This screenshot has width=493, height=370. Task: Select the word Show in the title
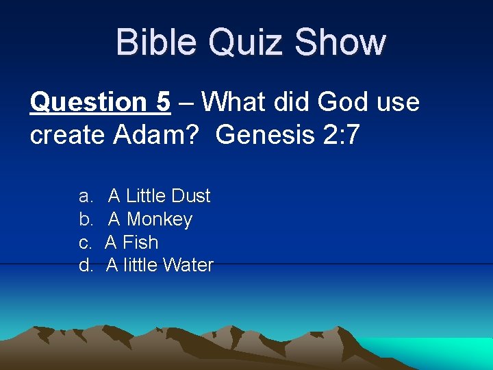pyautogui.click(x=340, y=42)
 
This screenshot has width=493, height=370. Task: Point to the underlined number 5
pyautogui.click(x=162, y=103)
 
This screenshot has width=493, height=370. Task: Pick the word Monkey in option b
pyautogui.click(x=160, y=219)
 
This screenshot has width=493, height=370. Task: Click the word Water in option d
pyautogui.click(x=188, y=265)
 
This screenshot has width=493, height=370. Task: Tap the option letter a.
pyautogui.click(x=86, y=197)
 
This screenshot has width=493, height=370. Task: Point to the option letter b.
pyautogui.click(x=86, y=219)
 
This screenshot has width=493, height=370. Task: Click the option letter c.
pyautogui.click(x=85, y=243)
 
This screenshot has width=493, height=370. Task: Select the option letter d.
pyautogui.click(x=86, y=265)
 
